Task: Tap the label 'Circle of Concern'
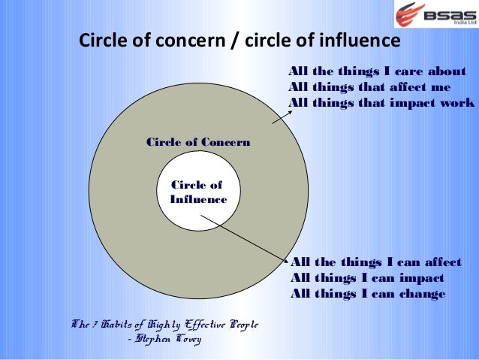coord(198,142)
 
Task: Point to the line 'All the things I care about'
coord(378,71)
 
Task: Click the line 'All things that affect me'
coord(369,87)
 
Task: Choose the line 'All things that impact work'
coord(381,103)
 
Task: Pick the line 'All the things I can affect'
coord(375,262)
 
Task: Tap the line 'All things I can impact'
coord(367,278)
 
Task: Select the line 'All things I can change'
coord(368,294)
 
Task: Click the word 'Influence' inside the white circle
coord(198,199)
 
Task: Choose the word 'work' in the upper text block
coord(457,103)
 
